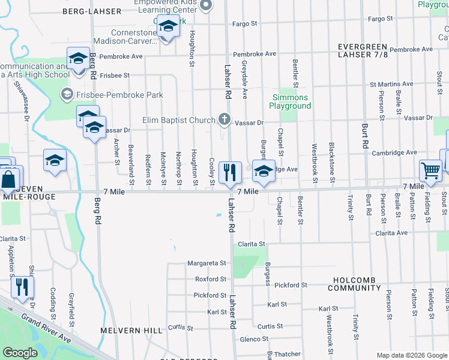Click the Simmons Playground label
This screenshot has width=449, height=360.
pyautogui.click(x=291, y=101)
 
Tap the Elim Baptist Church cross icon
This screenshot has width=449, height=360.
pyautogui.click(x=224, y=119)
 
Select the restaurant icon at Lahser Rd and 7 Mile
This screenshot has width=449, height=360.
pyautogui.click(x=229, y=173)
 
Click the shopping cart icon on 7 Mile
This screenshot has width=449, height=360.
pyautogui.click(x=430, y=171)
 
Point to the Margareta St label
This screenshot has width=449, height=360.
pyautogui.click(x=206, y=263)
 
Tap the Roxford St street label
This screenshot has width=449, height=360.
pyautogui.click(x=211, y=279)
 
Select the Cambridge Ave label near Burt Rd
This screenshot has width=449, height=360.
pyautogui.click(x=394, y=152)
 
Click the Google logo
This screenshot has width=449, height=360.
pyautogui.click(x=20, y=352)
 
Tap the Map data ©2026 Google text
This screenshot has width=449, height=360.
pyautogui.click(x=411, y=355)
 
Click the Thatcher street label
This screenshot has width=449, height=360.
pyautogui.click(x=288, y=354)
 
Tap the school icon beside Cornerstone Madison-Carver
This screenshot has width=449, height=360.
pyautogui.click(x=169, y=27)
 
